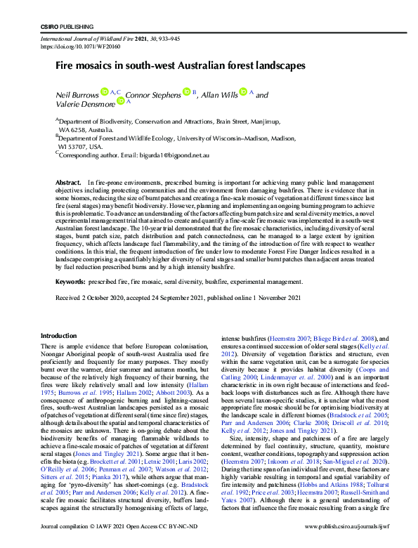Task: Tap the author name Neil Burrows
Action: coord(77,94)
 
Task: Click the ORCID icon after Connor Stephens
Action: coord(187,91)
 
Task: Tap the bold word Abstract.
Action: coord(69,183)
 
